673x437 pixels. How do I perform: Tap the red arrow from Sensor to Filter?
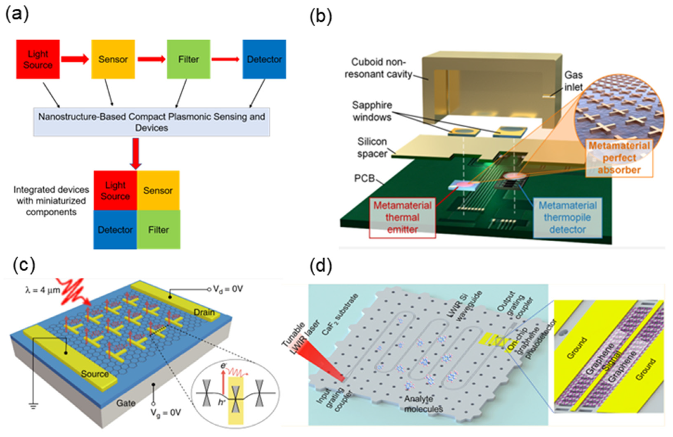coord(151,59)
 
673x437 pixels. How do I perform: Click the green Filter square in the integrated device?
coord(158,230)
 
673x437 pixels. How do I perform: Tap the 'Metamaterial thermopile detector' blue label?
coord(567,217)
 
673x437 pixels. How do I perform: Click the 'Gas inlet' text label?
coord(573,81)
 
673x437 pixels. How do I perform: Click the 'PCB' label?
coord(364,178)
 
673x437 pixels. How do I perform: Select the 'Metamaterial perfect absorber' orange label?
coord(619,158)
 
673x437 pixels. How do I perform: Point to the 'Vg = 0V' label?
coord(165,412)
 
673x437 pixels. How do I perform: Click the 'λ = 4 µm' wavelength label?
coord(42,290)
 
